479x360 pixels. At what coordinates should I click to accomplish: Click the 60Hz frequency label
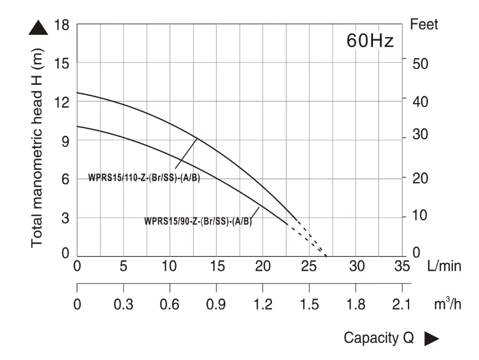(370, 41)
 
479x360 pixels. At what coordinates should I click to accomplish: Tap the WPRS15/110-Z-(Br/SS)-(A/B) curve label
(144, 178)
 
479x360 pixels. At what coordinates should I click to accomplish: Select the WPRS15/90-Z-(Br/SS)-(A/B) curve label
(198, 221)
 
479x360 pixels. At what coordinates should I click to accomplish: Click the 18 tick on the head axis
(62, 25)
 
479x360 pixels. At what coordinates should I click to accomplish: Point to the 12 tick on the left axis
(62, 103)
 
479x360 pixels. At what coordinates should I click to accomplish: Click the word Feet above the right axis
(423, 24)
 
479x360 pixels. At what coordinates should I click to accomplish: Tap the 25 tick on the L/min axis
(310, 266)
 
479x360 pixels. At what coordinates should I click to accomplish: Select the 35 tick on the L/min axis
(402, 266)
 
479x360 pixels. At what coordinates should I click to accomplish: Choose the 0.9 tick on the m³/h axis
(216, 305)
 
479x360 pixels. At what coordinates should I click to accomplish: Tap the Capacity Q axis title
(379, 338)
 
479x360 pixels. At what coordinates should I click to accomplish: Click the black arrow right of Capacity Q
(432, 338)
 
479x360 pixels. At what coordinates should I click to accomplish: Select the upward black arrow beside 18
(38, 27)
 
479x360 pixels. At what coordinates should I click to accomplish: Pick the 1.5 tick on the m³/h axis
(309, 305)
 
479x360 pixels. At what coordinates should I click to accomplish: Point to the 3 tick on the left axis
(65, 218)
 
